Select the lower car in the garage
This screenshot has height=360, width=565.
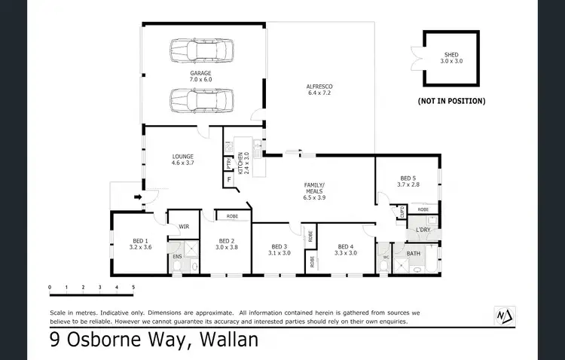point(201,99)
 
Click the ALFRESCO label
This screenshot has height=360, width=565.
point(319,90)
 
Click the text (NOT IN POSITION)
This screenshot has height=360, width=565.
point(451,100)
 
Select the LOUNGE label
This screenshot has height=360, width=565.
point(182,160)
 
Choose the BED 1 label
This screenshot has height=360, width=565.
point(141,243)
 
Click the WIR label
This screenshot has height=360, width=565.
point(183,226)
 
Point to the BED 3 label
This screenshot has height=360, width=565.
point(279,249)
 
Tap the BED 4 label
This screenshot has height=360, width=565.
point(345,249)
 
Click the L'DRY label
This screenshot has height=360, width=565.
point(423,230)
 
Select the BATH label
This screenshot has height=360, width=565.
point(414,254)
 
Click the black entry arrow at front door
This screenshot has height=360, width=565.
point(138,198)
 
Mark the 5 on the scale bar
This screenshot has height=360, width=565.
point(133,287)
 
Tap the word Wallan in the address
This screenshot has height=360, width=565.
point(228,340)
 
